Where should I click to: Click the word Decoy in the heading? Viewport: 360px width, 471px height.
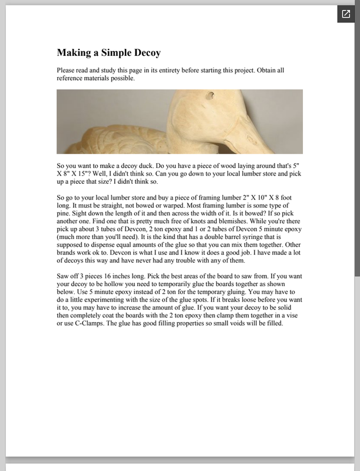[147, 53]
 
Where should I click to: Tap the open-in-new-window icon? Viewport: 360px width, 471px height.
[346, 14]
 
